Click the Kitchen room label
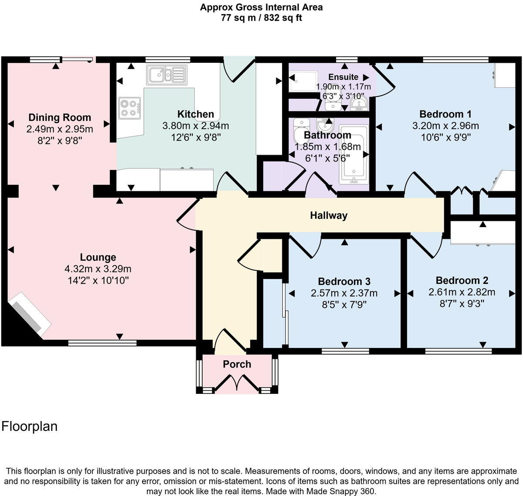click(195, 114)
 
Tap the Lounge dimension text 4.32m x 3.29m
click(98, 269)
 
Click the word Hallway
click(329, 215)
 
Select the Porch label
click(237, 364)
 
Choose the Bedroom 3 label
click(344, 281)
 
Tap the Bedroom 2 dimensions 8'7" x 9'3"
click(462, 303)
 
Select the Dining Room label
click(60, 117)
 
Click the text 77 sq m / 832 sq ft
click(261, 18)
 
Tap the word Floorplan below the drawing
click(30, 426)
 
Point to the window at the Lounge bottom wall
click(102, 343)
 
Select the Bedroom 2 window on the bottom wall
click(458, 350)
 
